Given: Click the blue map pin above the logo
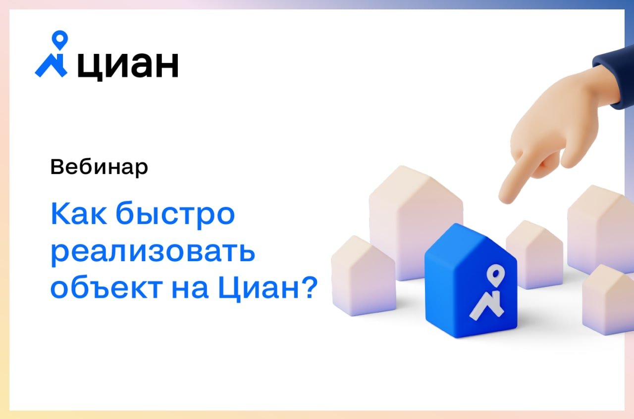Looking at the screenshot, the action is point(60,40).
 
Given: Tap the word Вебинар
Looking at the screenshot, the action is point(99,167).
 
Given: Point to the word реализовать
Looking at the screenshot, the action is point(153,252).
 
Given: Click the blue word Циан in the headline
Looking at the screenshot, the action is point(259,288).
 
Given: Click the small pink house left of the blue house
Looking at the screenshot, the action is point(364,276).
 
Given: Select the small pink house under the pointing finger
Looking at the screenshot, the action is point(534,254).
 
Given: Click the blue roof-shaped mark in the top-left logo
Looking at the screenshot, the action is point(51,65).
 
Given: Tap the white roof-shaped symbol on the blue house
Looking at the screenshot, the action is point(487,306).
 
